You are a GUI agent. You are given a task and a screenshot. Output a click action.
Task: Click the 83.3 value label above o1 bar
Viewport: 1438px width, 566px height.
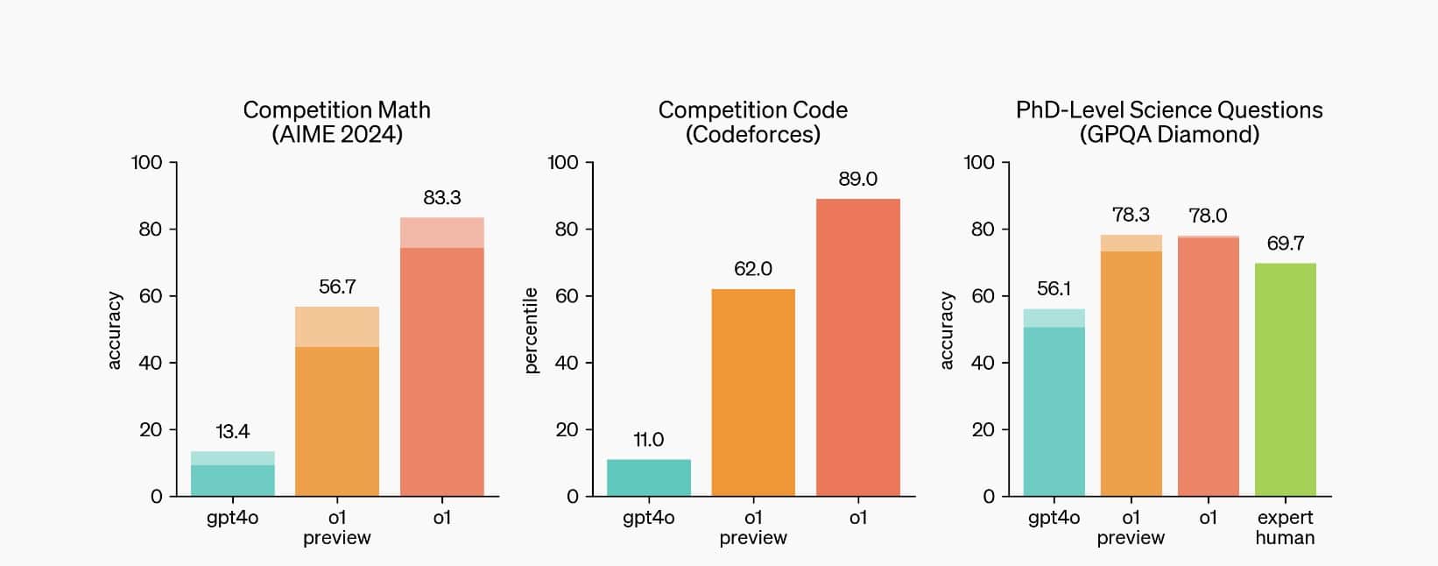[441, 198]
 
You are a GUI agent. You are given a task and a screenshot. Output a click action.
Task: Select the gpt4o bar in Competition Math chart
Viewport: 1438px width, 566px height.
[233, 478]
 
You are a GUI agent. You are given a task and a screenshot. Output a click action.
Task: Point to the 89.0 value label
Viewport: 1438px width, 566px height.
[857, 179]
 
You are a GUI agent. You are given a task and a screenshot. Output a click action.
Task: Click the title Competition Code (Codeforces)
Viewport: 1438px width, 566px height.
[752, 122]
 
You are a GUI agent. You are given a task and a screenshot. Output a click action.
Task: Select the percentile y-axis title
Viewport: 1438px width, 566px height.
[531, 330]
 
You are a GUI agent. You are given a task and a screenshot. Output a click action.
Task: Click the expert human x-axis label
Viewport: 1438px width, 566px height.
[1285, 527]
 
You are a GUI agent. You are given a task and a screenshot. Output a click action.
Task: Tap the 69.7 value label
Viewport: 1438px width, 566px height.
[1285, 244]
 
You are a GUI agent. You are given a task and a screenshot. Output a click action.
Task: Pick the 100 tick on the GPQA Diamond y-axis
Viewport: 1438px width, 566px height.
[979, 162]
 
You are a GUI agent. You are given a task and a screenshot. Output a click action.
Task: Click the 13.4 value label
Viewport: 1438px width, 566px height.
[232, 431]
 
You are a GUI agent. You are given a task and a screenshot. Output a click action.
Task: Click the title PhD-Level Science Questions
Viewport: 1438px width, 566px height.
[1169, 110]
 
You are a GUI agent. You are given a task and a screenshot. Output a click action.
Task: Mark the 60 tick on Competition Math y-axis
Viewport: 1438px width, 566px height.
[150, 296]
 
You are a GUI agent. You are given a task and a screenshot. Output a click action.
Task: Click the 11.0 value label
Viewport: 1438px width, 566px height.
[648, 440]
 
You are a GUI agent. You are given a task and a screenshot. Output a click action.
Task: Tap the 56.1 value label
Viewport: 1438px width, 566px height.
[1054, 289]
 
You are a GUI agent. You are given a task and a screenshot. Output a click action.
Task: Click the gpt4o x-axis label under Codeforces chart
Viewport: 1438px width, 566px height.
[648, 518]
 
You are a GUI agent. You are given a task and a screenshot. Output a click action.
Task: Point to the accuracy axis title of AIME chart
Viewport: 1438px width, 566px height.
[115, 330]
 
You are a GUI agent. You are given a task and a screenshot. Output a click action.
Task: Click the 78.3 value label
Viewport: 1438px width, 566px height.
[1131, 216]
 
